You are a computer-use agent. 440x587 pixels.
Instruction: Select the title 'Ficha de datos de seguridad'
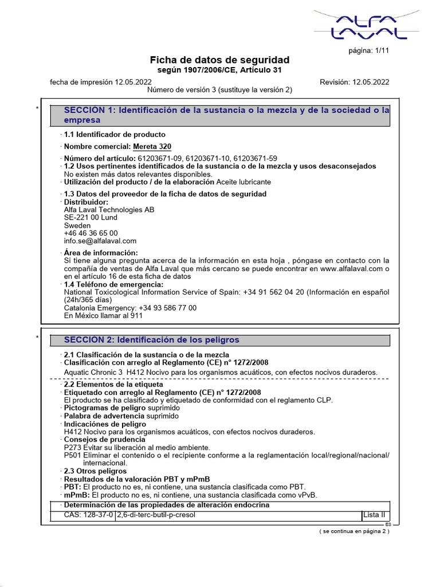219,60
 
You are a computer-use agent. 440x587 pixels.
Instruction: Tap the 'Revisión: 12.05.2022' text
354,82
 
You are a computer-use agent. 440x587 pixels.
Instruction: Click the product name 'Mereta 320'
152,147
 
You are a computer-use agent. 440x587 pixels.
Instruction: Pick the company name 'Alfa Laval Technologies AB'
109,210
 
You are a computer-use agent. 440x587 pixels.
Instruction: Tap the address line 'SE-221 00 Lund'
91,218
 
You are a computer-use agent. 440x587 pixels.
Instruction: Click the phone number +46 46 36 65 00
91,233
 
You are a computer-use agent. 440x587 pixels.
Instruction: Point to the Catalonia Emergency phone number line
130,308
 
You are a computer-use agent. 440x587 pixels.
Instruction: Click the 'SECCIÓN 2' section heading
151,340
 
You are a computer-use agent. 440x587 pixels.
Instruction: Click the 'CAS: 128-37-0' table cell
89,515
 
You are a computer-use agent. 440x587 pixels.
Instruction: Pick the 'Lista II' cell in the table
375,515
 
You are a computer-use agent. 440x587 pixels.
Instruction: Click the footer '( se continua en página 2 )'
354,531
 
